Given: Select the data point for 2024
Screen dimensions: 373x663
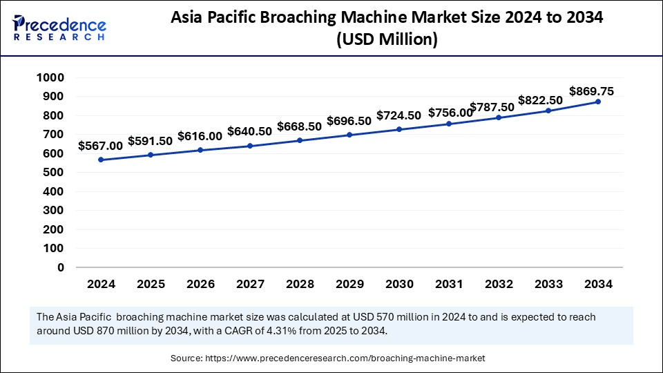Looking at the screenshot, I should tap(101, 160).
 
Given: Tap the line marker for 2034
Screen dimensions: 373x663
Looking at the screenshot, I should tap(598, 102).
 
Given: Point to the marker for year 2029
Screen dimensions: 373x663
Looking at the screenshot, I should tap(349, 135).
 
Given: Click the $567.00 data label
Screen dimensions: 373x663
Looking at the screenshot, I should tap(100, 146).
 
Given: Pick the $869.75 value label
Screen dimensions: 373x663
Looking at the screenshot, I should tap(591, 91).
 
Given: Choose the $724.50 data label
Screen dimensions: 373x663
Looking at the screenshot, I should tap(399, 115).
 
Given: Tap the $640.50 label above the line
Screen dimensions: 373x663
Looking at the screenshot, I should tap(249, 131).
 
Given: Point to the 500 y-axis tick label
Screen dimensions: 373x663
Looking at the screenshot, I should tap(52, 173).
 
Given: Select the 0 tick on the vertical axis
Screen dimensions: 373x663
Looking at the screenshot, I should tap(61, 267).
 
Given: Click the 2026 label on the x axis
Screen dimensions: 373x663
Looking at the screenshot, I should tap(200, 284).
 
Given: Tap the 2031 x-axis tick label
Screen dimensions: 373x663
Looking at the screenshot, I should tap(449, 284).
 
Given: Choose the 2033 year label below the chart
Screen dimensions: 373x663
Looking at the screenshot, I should tap(548, 284).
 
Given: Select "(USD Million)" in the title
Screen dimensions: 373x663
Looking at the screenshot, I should tap(387, 41).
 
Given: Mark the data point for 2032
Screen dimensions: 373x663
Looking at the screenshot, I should tap(499, 117).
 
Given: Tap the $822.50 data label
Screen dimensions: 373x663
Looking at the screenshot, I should tap(540, 100).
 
